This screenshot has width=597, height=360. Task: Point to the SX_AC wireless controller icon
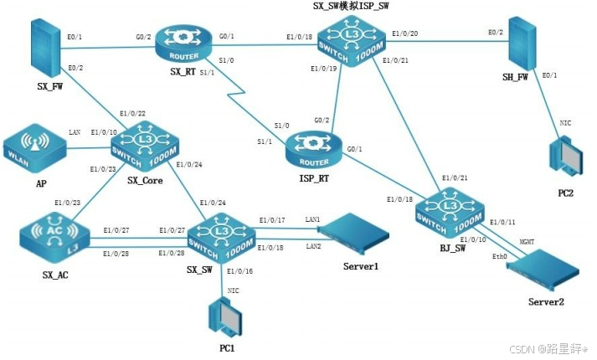pos(49,236)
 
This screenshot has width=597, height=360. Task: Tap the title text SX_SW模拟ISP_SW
pos(351,7)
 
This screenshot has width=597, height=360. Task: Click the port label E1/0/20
pos(405,33)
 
